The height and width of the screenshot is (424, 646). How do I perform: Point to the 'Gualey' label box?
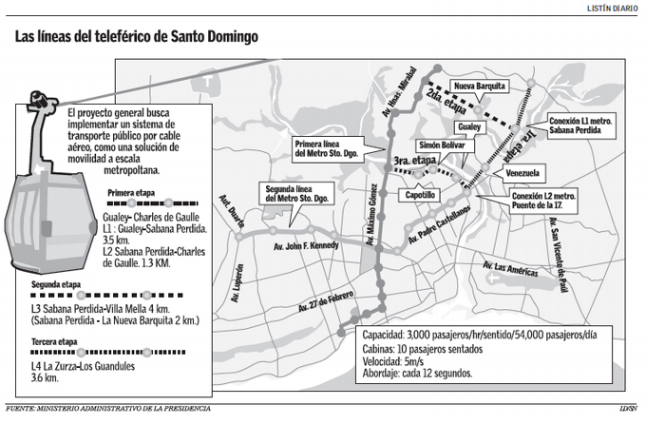pyautogui.click(x=470, y=127)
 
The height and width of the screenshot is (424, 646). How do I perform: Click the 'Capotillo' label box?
pyautogui.click(x=420, y=194)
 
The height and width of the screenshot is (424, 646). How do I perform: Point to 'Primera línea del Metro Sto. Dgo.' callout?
pyautogui.click(x=326, y=148)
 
